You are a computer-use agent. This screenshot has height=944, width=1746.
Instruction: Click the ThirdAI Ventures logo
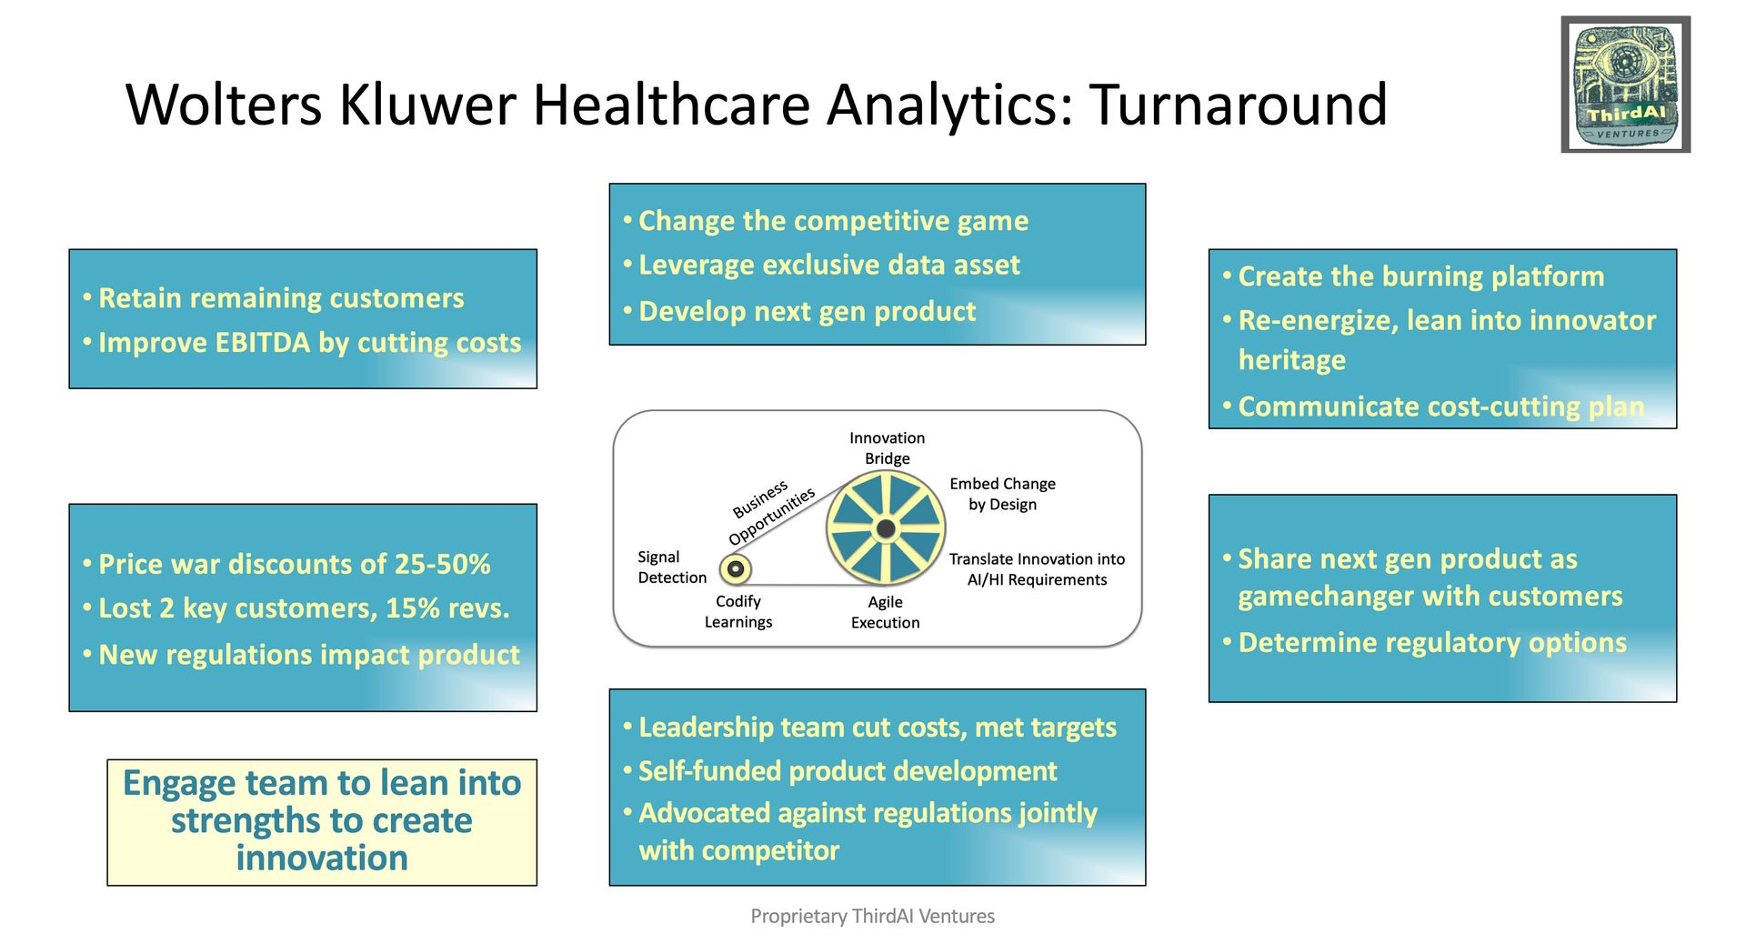1625,84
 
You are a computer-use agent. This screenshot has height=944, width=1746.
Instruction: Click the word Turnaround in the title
1238,105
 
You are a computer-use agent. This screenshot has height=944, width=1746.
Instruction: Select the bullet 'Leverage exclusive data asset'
828,266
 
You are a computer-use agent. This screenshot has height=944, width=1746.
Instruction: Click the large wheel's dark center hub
886,528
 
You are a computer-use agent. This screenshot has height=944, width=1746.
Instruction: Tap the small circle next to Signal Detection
736,569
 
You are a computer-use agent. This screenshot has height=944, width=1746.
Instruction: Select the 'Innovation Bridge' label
887,448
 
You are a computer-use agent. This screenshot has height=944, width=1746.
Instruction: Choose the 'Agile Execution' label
885,612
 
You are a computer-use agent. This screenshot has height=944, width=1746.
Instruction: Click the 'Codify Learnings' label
738,612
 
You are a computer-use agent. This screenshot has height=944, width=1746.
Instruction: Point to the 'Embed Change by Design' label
1002,494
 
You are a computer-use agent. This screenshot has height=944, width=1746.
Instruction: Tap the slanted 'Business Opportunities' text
772,510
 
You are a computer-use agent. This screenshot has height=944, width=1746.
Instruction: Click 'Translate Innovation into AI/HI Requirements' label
1037,569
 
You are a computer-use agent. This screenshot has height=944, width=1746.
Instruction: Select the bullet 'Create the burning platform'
1420,276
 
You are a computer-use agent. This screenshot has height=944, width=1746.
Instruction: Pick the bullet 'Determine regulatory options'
1431,643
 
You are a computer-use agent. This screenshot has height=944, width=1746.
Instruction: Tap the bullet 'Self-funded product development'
847,771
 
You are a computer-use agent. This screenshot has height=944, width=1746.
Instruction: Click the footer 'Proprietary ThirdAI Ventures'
872,916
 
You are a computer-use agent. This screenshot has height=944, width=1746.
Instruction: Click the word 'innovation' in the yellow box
322,859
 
